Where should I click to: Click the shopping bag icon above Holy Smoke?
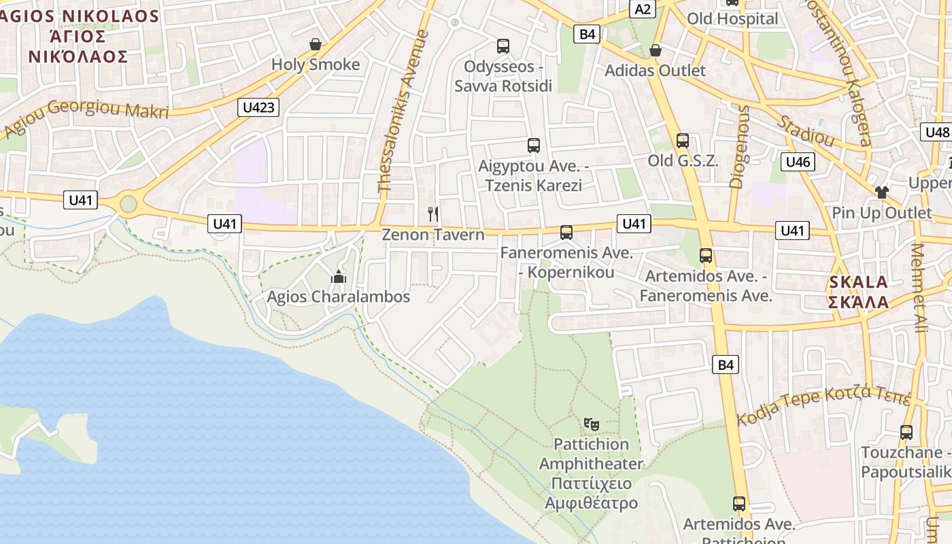316,45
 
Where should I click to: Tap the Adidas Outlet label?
655,70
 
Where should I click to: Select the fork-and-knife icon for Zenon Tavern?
433,214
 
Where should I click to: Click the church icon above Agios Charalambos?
338,277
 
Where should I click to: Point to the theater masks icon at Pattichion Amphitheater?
591,424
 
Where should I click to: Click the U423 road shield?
259,107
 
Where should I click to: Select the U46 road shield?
798,162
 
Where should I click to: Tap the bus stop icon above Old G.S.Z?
682,141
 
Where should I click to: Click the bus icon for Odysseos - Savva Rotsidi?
503,46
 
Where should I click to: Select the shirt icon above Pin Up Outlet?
882,192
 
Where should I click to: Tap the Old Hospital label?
732,19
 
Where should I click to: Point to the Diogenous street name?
741,146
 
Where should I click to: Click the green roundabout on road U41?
128,203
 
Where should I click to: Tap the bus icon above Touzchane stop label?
906,432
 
